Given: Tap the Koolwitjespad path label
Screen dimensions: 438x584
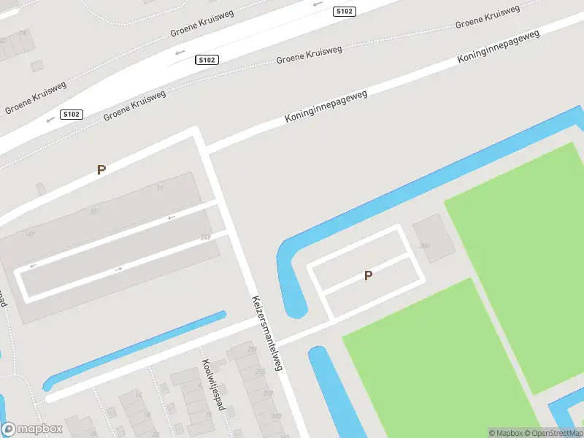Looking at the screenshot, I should click(x=211, y=384).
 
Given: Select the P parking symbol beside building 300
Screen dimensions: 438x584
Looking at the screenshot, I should click(x=369, y=275).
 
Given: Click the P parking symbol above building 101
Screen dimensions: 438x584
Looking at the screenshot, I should click(x=101, y=169).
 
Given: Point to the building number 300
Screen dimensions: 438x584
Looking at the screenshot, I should click(x=425, y=245).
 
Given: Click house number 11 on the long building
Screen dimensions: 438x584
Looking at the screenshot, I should click(x=160, y=188).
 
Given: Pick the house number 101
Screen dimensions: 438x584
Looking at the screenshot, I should click(x=94, y=212).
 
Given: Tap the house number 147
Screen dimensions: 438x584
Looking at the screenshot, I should click(x=30, y=234).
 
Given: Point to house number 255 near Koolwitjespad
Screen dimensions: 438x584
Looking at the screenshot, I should click(x=261, y=372).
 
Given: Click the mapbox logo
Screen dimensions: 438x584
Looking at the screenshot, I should click(x=32, y=429).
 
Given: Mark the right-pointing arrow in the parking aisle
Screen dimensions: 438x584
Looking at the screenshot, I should click(x=119, y=269).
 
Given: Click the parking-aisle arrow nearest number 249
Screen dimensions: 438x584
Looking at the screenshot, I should click(x=172, y=217).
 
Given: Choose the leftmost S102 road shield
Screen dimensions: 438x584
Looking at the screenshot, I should click(x=72, y=114).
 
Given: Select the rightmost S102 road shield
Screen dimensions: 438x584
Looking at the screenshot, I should click(x=345, y=11).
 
